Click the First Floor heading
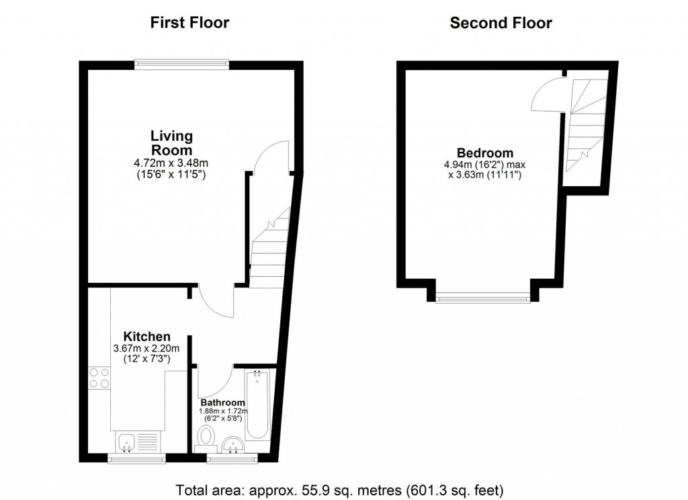point(189,23)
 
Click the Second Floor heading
point(501,23)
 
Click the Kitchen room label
point(146,336)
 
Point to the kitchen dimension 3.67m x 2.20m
point(146,348)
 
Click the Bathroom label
point(222,403)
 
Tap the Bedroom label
point(485,153)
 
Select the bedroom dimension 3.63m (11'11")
point(485,175)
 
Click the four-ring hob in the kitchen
point(99,378)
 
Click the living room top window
point(181,64)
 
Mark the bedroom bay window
point(482,298)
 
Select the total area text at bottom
point(339,489)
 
